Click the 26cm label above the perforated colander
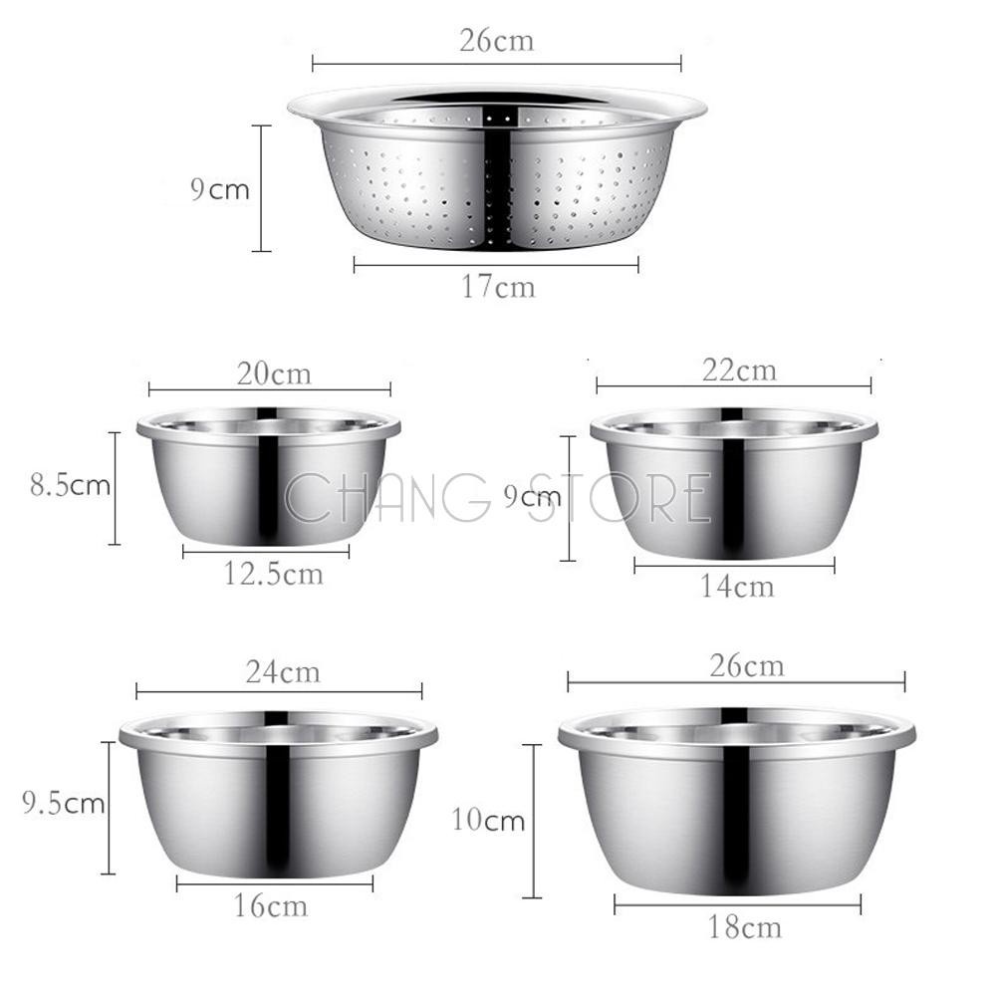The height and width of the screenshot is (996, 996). tap(497, 41)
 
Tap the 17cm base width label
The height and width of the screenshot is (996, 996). tap(498, 287)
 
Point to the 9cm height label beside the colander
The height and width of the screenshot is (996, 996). tap(220, 189)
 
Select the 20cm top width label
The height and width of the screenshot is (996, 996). tap(275, 373)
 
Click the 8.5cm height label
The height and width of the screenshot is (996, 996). tap(71, 485)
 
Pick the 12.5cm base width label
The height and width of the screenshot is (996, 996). tap(273, 574)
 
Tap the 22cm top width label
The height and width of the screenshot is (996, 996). tap(739, 370)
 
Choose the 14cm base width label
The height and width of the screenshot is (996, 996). tap(737, 586)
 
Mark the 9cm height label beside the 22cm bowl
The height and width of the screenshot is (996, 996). tap(532, 496)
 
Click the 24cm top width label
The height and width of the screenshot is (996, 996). tap(283, 672)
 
